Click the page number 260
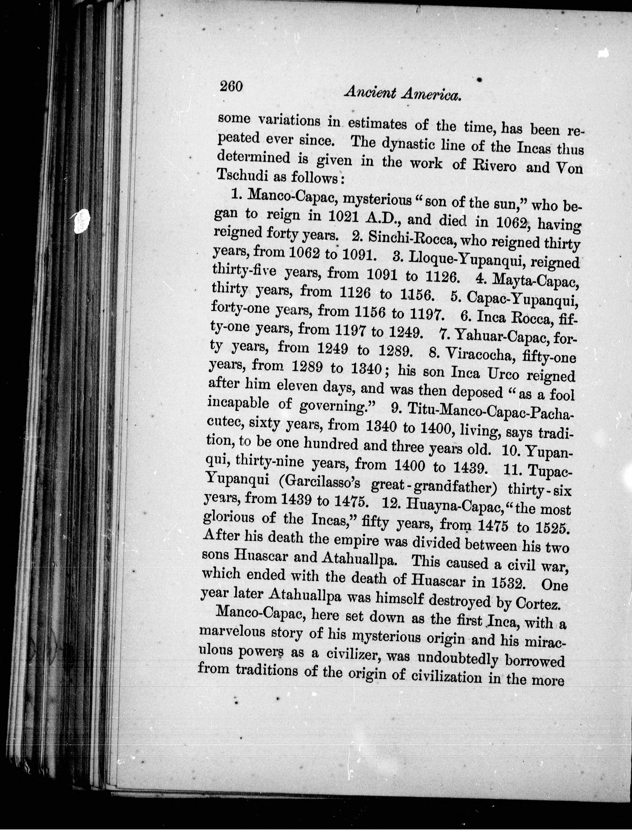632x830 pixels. (231, 87)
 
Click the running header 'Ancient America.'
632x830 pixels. (403, 93)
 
